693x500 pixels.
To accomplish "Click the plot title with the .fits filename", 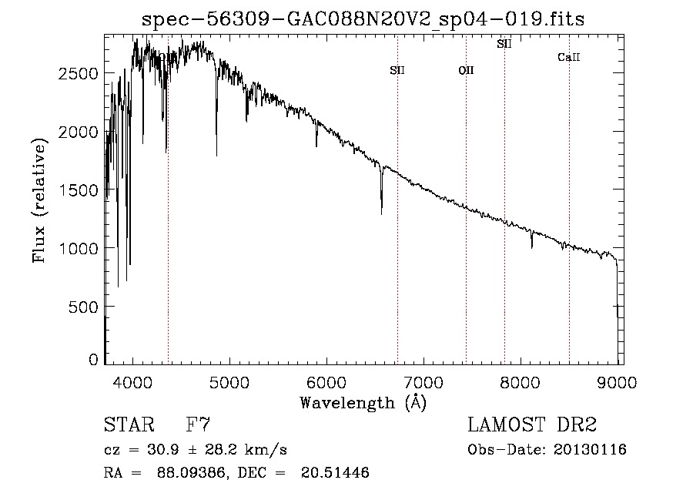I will point(363,19).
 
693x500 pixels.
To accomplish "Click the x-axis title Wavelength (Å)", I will point(363,402).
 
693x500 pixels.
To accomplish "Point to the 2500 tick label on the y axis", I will point(79,73).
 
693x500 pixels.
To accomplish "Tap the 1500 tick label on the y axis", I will point(79,190).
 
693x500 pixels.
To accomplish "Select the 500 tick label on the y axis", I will point(83,307).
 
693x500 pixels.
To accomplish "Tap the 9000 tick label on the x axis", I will point(617,381).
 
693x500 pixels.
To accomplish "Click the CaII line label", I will point(569,57).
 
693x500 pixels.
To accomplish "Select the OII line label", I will point(466,70).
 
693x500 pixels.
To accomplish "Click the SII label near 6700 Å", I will point(397,70).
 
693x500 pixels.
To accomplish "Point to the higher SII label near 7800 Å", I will point(504,44).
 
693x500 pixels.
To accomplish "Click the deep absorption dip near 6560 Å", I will point(381,208).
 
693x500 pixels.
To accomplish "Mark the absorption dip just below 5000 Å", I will point(216,150).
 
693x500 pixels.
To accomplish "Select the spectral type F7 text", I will point(197,424).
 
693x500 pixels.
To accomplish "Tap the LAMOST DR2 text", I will point(532,424).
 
